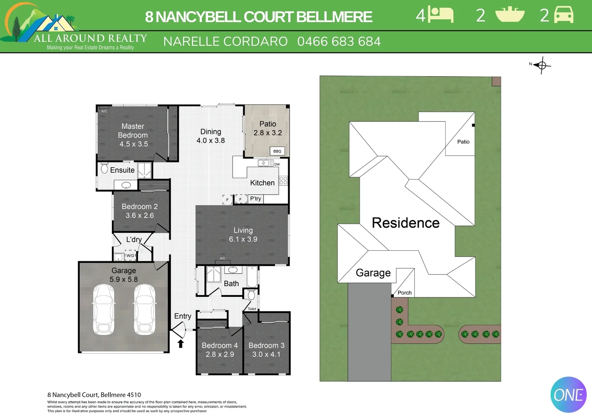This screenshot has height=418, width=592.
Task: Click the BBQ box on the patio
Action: click(x=277, y=151)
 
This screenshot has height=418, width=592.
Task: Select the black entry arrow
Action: click(x=180, y=343)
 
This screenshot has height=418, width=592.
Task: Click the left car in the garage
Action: click(x=104, y=309)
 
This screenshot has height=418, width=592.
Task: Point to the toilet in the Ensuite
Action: click(x=104, y=168)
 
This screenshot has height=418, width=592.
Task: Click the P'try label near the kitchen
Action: click(x=256, y=199)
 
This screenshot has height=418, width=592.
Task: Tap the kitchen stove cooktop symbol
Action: click(x=283, y=181)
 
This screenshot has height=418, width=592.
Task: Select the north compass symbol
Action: click(x=541, y=65)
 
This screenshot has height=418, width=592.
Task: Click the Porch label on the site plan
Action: click(x=405, y=293)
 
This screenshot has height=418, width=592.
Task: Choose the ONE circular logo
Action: click(x=568, y=395)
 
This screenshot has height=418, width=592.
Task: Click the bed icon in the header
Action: click(x=441, y=15)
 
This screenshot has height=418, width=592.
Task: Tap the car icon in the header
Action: click(x=564, y=15)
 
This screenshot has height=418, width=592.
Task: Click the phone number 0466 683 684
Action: click(x=339, y=41)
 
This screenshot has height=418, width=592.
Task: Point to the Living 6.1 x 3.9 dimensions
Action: click(x=243, y=239)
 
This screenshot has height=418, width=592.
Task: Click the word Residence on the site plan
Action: click(x=405, y=223)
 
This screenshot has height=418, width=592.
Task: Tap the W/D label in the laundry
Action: click(x=130, y=255)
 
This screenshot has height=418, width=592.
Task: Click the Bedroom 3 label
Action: click(x=266, y=345)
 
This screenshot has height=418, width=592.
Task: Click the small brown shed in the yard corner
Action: click(x=496, y=81)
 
